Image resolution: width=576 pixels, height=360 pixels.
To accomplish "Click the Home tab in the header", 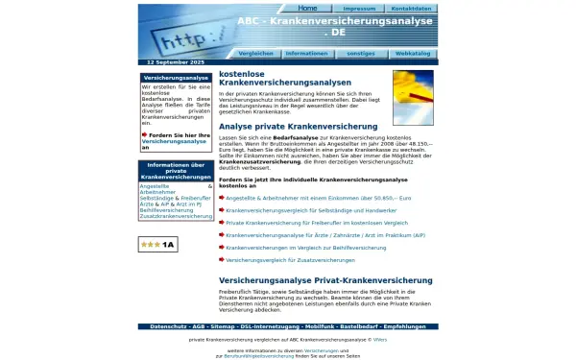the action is [x=307, y=8].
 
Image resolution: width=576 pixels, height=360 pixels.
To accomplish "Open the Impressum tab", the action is [x=359, y=8].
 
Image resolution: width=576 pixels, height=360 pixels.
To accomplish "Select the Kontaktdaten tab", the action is [x=411, y=8].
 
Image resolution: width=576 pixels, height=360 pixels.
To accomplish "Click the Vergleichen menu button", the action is [x=255, y=54].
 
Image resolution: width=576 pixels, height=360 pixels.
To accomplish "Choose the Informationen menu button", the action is [x=305, y=54].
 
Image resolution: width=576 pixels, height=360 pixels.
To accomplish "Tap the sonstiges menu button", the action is [x=361, y=54].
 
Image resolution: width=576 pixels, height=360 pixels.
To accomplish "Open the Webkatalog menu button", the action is [x=413, y=54].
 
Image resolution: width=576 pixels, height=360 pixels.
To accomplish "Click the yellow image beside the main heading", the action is [x=413, y=98].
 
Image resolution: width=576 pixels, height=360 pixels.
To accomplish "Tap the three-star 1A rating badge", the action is [x=156, y=245].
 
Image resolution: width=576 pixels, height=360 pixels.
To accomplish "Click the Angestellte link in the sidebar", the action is [x=155, y=186].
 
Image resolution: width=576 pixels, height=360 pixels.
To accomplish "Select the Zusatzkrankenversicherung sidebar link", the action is [x=175, y=216].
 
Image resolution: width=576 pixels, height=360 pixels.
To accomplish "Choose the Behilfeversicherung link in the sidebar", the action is [x=166, y=209].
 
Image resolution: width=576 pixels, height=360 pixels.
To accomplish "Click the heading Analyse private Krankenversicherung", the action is [x=298, y=127].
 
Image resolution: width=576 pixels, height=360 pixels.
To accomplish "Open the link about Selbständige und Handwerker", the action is [x=311, y=210].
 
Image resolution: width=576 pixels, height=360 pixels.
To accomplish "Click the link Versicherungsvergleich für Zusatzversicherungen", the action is [x=290, y=260].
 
